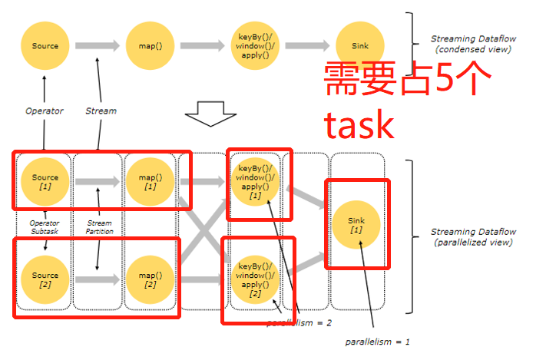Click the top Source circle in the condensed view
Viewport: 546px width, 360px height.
[45, 46]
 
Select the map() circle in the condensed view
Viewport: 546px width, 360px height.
[150, 46]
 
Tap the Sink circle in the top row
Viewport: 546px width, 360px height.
[359, 46]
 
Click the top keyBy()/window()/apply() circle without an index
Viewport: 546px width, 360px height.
[254, 46]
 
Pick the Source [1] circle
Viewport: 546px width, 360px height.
[45, 182]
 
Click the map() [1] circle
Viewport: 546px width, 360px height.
[150, 182]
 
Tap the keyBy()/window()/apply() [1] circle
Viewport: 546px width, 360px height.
[254, 182]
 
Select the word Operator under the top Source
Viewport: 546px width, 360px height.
[44, 111]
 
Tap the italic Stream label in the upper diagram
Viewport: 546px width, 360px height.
[101, 111]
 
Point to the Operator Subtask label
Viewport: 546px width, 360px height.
[45, 227]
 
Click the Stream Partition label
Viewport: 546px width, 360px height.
[99, 227]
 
